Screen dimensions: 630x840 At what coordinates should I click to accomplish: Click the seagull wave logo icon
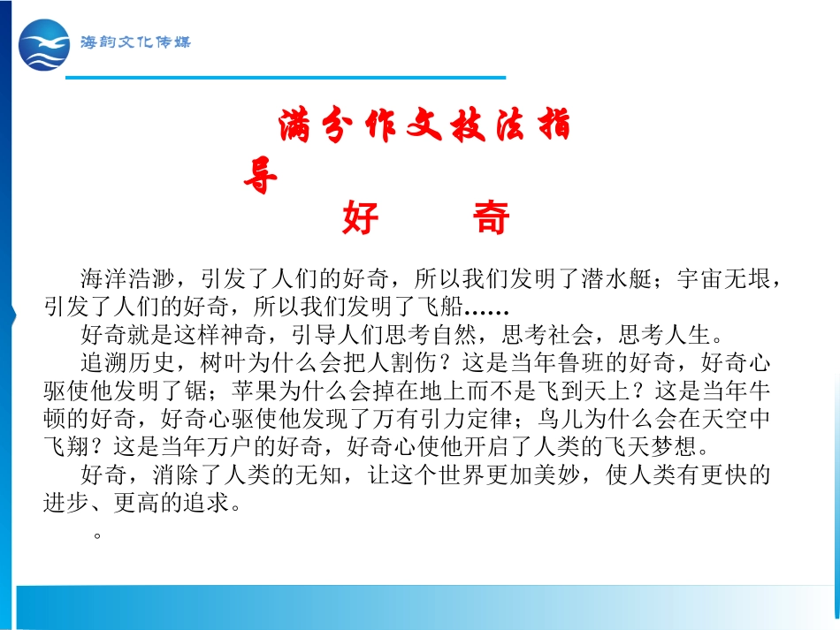pos(44,45)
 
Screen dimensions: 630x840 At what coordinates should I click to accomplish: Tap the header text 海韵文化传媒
pos(134,42)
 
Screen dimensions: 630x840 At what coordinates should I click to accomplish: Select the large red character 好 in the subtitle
pos(360,218)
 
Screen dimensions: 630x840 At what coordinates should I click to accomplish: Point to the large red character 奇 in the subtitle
pos(492,218)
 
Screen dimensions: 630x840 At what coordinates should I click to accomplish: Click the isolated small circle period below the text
pos(97,535)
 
